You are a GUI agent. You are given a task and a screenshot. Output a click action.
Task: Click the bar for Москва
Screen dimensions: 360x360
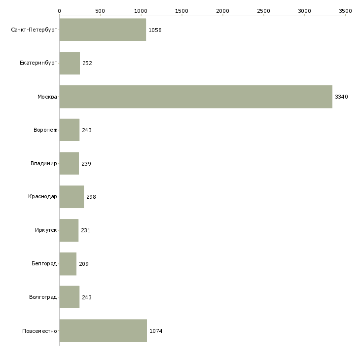tap(196, 97)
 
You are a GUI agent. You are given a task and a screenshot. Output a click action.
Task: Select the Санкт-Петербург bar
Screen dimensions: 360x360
tap(103, 30)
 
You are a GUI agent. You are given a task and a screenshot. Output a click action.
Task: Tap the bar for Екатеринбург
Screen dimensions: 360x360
tap(70, 63)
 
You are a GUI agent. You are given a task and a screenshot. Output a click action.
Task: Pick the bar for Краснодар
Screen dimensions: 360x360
tap(72, 197)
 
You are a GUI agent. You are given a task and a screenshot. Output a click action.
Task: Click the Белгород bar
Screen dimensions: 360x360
tap(68, 264)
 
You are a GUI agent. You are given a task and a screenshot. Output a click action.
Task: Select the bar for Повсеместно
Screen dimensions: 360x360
tap(103, 330)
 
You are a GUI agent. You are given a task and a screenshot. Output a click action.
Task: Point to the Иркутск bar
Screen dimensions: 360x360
tap(69, 230)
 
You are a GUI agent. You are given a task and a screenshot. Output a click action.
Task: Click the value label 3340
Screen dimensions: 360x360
tap(341, 97)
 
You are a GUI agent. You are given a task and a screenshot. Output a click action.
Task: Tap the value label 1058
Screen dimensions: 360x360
tap(155, 30)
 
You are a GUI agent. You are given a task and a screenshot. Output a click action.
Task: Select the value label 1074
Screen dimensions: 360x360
tap(156, 331)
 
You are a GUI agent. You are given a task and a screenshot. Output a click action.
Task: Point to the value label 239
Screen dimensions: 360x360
tap(86, 164)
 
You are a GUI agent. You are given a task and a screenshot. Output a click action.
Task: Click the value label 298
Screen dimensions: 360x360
tap(91, 197)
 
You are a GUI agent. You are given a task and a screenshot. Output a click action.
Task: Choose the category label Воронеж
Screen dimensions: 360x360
tap(45, 130)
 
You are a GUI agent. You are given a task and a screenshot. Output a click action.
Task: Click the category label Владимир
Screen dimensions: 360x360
tap(43, 163)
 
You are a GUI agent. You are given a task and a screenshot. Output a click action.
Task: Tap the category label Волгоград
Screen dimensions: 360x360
tap(43, 297)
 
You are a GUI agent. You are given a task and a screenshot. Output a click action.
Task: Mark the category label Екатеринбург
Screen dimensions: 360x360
tap(38, 63)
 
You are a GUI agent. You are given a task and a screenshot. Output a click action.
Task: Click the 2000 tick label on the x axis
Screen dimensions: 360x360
tap(223, 11)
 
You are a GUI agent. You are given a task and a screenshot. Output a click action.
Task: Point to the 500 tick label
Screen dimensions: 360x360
tap(100, 11)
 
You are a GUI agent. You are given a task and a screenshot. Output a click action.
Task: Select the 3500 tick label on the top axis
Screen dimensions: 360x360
tap(345, 11)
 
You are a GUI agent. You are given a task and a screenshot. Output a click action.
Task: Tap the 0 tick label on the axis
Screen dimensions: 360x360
tap(60, 11)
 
